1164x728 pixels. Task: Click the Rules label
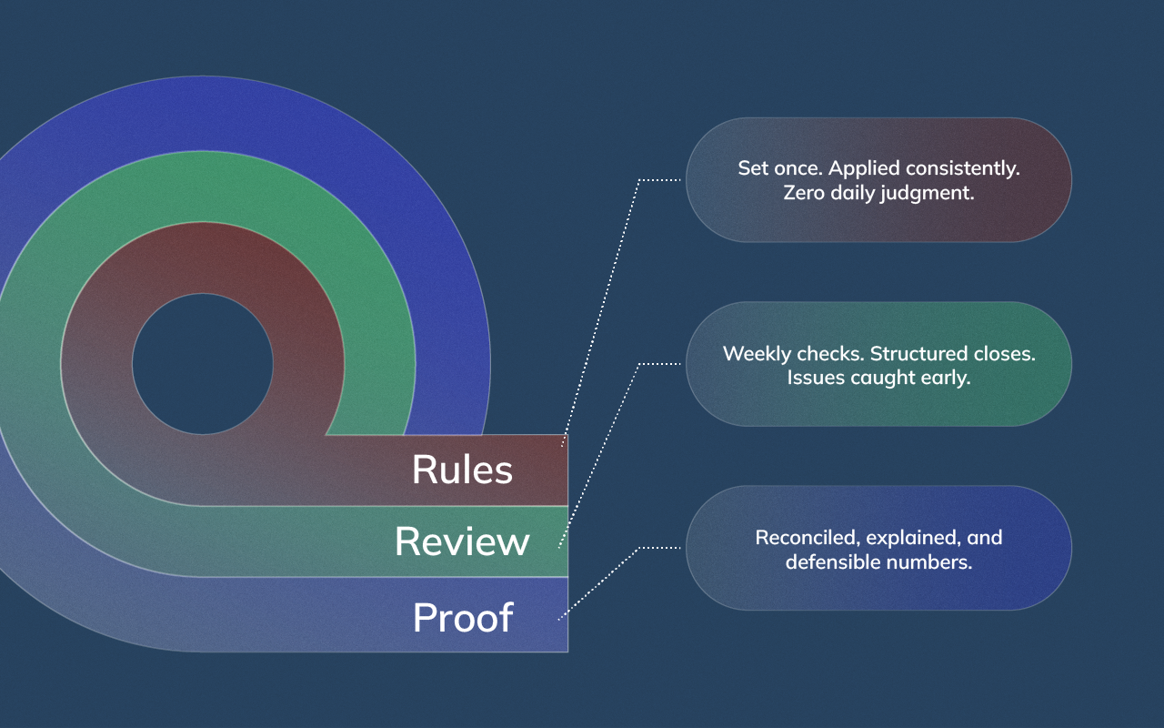462,470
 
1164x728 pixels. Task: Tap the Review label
462,541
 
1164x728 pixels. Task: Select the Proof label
463,618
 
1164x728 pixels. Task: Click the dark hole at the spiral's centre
202,364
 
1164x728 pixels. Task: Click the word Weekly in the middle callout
757,353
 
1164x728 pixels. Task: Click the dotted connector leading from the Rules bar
600,309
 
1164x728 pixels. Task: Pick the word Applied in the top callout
864,168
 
